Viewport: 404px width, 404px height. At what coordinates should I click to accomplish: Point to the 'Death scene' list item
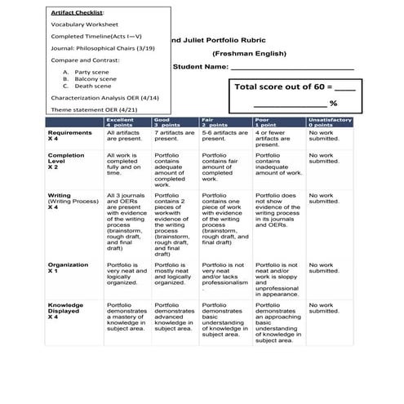tap(92, 86)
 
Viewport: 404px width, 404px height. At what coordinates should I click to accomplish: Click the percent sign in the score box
tap(333, 104)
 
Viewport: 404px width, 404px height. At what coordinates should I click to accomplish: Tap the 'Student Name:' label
tap(200, 66)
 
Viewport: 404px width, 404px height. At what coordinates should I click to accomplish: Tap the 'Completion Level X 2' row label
tap(66, 161)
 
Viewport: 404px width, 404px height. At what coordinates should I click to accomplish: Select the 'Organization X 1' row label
tap(68, 268)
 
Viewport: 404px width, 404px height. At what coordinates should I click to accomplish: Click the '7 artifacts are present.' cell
tap(174, 135)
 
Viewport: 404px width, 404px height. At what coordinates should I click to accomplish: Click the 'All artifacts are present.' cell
tap(124, 135)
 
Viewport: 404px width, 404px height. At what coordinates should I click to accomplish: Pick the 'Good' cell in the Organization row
tap(173, 273)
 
